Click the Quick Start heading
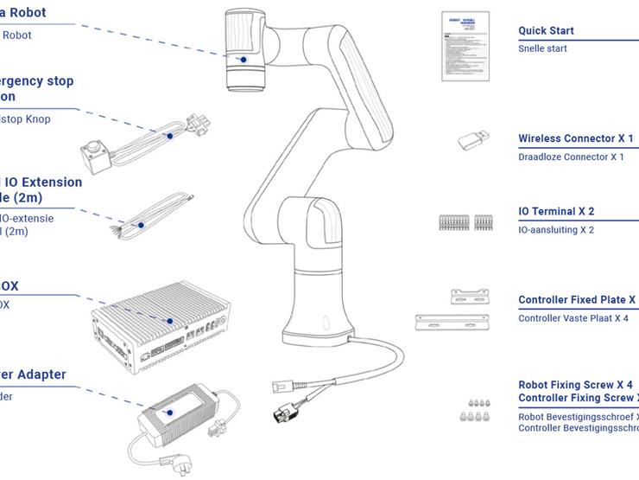coord(546,31)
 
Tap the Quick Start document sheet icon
coord(460,47)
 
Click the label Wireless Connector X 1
coord(575,138)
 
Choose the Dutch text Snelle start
coord(542,49)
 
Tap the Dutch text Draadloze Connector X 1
coord(571,157)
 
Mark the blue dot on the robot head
coord(244,60)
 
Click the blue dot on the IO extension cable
coord(139,226)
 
